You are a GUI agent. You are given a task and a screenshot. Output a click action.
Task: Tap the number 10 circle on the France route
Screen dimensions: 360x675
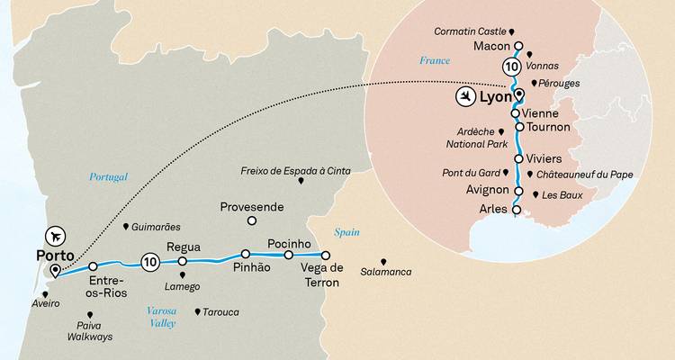[x=512, y=66]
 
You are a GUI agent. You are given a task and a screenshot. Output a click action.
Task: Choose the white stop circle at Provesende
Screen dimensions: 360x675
[x=252, y=220]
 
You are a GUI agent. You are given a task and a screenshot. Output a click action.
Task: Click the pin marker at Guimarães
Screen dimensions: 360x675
[x=125, y=226]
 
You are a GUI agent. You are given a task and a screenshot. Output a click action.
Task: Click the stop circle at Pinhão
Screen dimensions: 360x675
[x=246, y=254]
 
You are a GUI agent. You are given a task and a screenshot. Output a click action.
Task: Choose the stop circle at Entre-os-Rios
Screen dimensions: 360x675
[x=94, y=266]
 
